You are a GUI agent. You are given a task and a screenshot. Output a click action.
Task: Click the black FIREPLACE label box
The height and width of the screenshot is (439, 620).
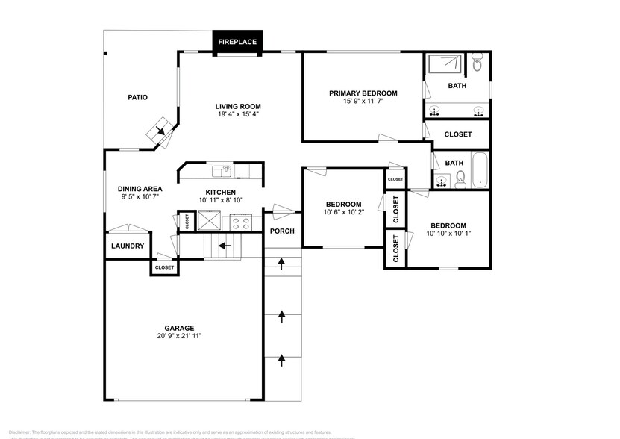click(x=237, y=42)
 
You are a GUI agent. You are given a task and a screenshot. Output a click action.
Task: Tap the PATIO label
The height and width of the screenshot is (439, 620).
click(x=137, y=97)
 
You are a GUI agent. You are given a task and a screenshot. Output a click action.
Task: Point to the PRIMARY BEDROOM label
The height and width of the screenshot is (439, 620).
click(x=363, y=93)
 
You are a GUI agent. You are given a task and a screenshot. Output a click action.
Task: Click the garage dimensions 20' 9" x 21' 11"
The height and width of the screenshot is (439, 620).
click(x=180, y=336)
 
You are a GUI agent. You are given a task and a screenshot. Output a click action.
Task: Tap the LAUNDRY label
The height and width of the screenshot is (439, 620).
click(x=127, y=246)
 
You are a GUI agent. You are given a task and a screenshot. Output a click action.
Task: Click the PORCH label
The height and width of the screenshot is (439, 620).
click(x=282, y=231)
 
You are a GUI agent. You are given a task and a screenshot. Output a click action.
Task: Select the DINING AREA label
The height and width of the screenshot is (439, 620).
click(x=140, y=189)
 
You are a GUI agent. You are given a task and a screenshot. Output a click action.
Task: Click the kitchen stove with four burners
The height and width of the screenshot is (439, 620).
click(x=241, y=222)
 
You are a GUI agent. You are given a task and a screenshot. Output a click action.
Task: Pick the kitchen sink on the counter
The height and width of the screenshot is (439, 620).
click(x=221, y=172)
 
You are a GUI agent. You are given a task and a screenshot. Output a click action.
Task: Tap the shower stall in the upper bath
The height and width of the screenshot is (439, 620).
click(x=444, y=65)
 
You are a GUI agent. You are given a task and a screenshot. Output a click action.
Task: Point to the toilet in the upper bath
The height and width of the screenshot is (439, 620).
click(x=477, y=64)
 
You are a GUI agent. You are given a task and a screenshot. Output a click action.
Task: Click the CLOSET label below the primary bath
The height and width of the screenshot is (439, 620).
click(x=457, y=134)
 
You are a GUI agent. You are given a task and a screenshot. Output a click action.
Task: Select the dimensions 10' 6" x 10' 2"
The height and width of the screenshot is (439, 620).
click(x=343, y=213)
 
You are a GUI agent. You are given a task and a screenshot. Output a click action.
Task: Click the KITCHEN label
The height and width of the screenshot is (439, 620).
click(x=221, y=192)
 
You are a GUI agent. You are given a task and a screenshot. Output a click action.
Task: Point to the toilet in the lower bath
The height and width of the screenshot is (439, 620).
click(x=460, y=178)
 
